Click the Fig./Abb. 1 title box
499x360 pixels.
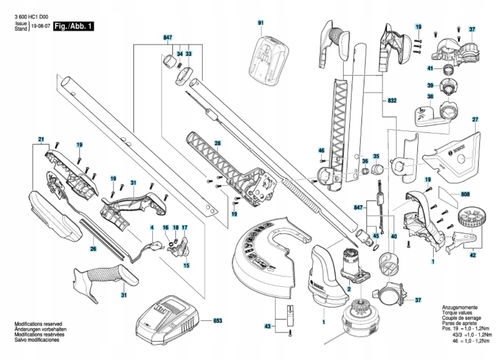73,25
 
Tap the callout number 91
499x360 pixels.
261,23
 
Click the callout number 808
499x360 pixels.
465,195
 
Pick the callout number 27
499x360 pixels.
475,119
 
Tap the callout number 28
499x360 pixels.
217,144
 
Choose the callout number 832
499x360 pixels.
392,101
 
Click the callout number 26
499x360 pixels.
93,249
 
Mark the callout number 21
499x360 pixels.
41,139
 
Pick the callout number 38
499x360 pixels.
430,96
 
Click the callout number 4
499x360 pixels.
152,227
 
